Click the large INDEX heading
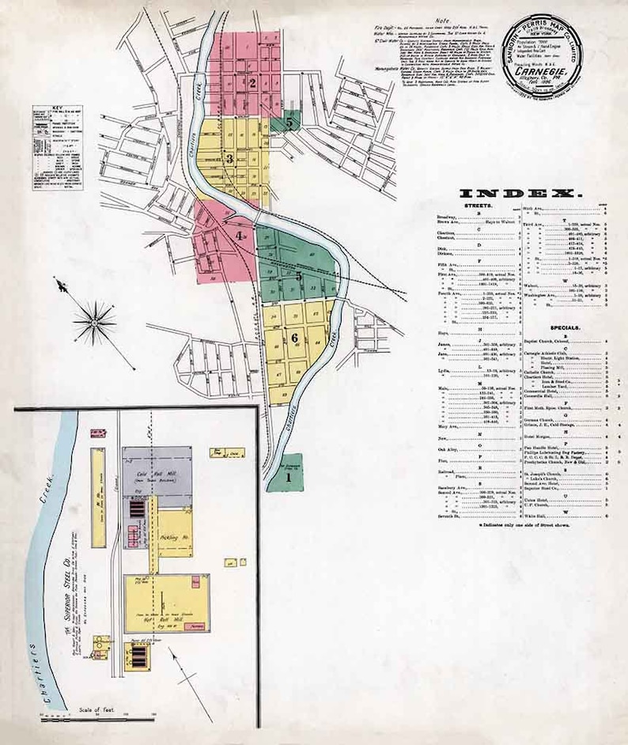520,194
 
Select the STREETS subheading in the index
478,205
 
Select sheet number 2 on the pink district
252,82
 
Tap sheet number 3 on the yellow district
229,159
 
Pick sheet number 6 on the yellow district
294,337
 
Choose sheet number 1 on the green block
289,477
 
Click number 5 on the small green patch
290,123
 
